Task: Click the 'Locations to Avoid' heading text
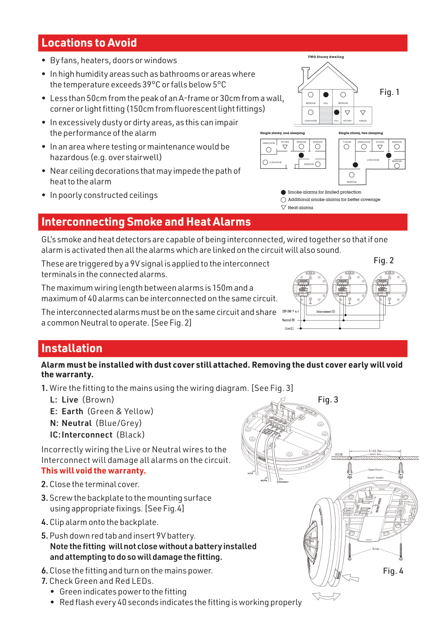(89, 43)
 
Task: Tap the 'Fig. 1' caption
(389, 92)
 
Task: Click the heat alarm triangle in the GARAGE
(363, 113)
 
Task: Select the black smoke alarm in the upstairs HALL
(326, 95)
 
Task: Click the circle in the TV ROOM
(347, 147)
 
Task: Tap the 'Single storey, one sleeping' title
(282, 133)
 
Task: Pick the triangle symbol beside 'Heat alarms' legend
(283, 207)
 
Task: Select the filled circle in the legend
(283, 192)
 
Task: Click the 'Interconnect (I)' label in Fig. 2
(326, 312)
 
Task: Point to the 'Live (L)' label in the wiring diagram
(289, 329)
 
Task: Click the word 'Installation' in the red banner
(72, 348)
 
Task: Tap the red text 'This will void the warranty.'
(94, 471)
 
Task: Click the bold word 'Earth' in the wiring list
(72, 412)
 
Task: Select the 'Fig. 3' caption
(328, 400)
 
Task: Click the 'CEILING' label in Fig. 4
(339, 455)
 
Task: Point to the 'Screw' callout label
(376, 549)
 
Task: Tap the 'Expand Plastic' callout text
(375, 470)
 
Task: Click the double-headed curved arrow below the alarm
(326, 596)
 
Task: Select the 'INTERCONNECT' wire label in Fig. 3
(283, 482)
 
